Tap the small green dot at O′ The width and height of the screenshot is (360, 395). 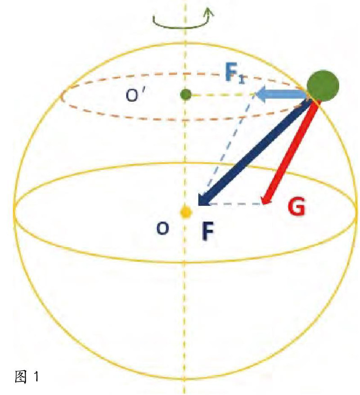coord(185,95)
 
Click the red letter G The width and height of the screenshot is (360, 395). coord(297,209)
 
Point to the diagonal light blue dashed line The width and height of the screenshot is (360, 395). coord(229,144)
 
